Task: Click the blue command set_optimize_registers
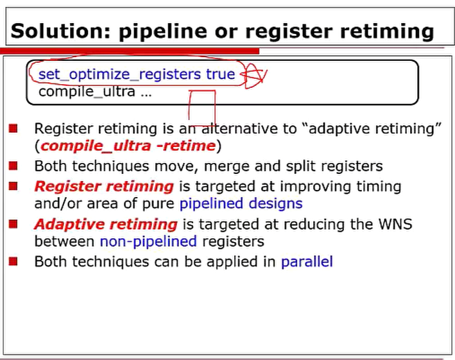[x=119, y=74]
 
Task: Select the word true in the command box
[x=221, y=74]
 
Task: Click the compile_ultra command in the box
[x=87, y=92]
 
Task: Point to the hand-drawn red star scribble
[x=255, y=76]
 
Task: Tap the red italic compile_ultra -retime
[x=128, y=146]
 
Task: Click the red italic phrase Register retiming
[x=104, y=187]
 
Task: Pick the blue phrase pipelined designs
[x=241, y=203]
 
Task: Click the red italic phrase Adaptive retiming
[x=106, y=224]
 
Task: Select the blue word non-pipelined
[x=148, y=242]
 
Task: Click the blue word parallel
[x=307, y=261]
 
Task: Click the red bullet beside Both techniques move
[x=13, y=166]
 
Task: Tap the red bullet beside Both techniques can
[x=13, y=261]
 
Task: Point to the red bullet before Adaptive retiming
[x=13, y=224]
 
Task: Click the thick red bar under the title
[x=130, y=51]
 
